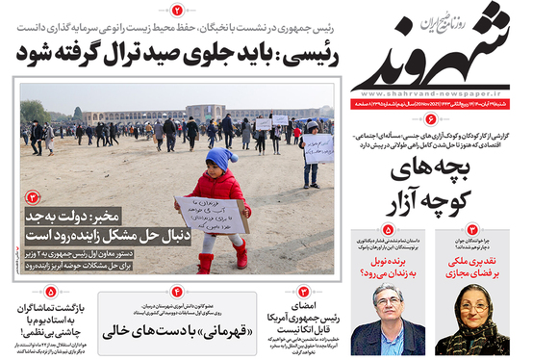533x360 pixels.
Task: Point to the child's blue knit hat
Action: [x=220, y=159]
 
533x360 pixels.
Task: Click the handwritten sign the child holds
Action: [x=213, y=215]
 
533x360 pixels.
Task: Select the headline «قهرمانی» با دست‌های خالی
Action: [x=176, y=330]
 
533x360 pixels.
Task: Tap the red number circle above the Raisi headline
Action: [x=177, y=10]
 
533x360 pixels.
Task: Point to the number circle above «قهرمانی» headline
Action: [x=176, y=292]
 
